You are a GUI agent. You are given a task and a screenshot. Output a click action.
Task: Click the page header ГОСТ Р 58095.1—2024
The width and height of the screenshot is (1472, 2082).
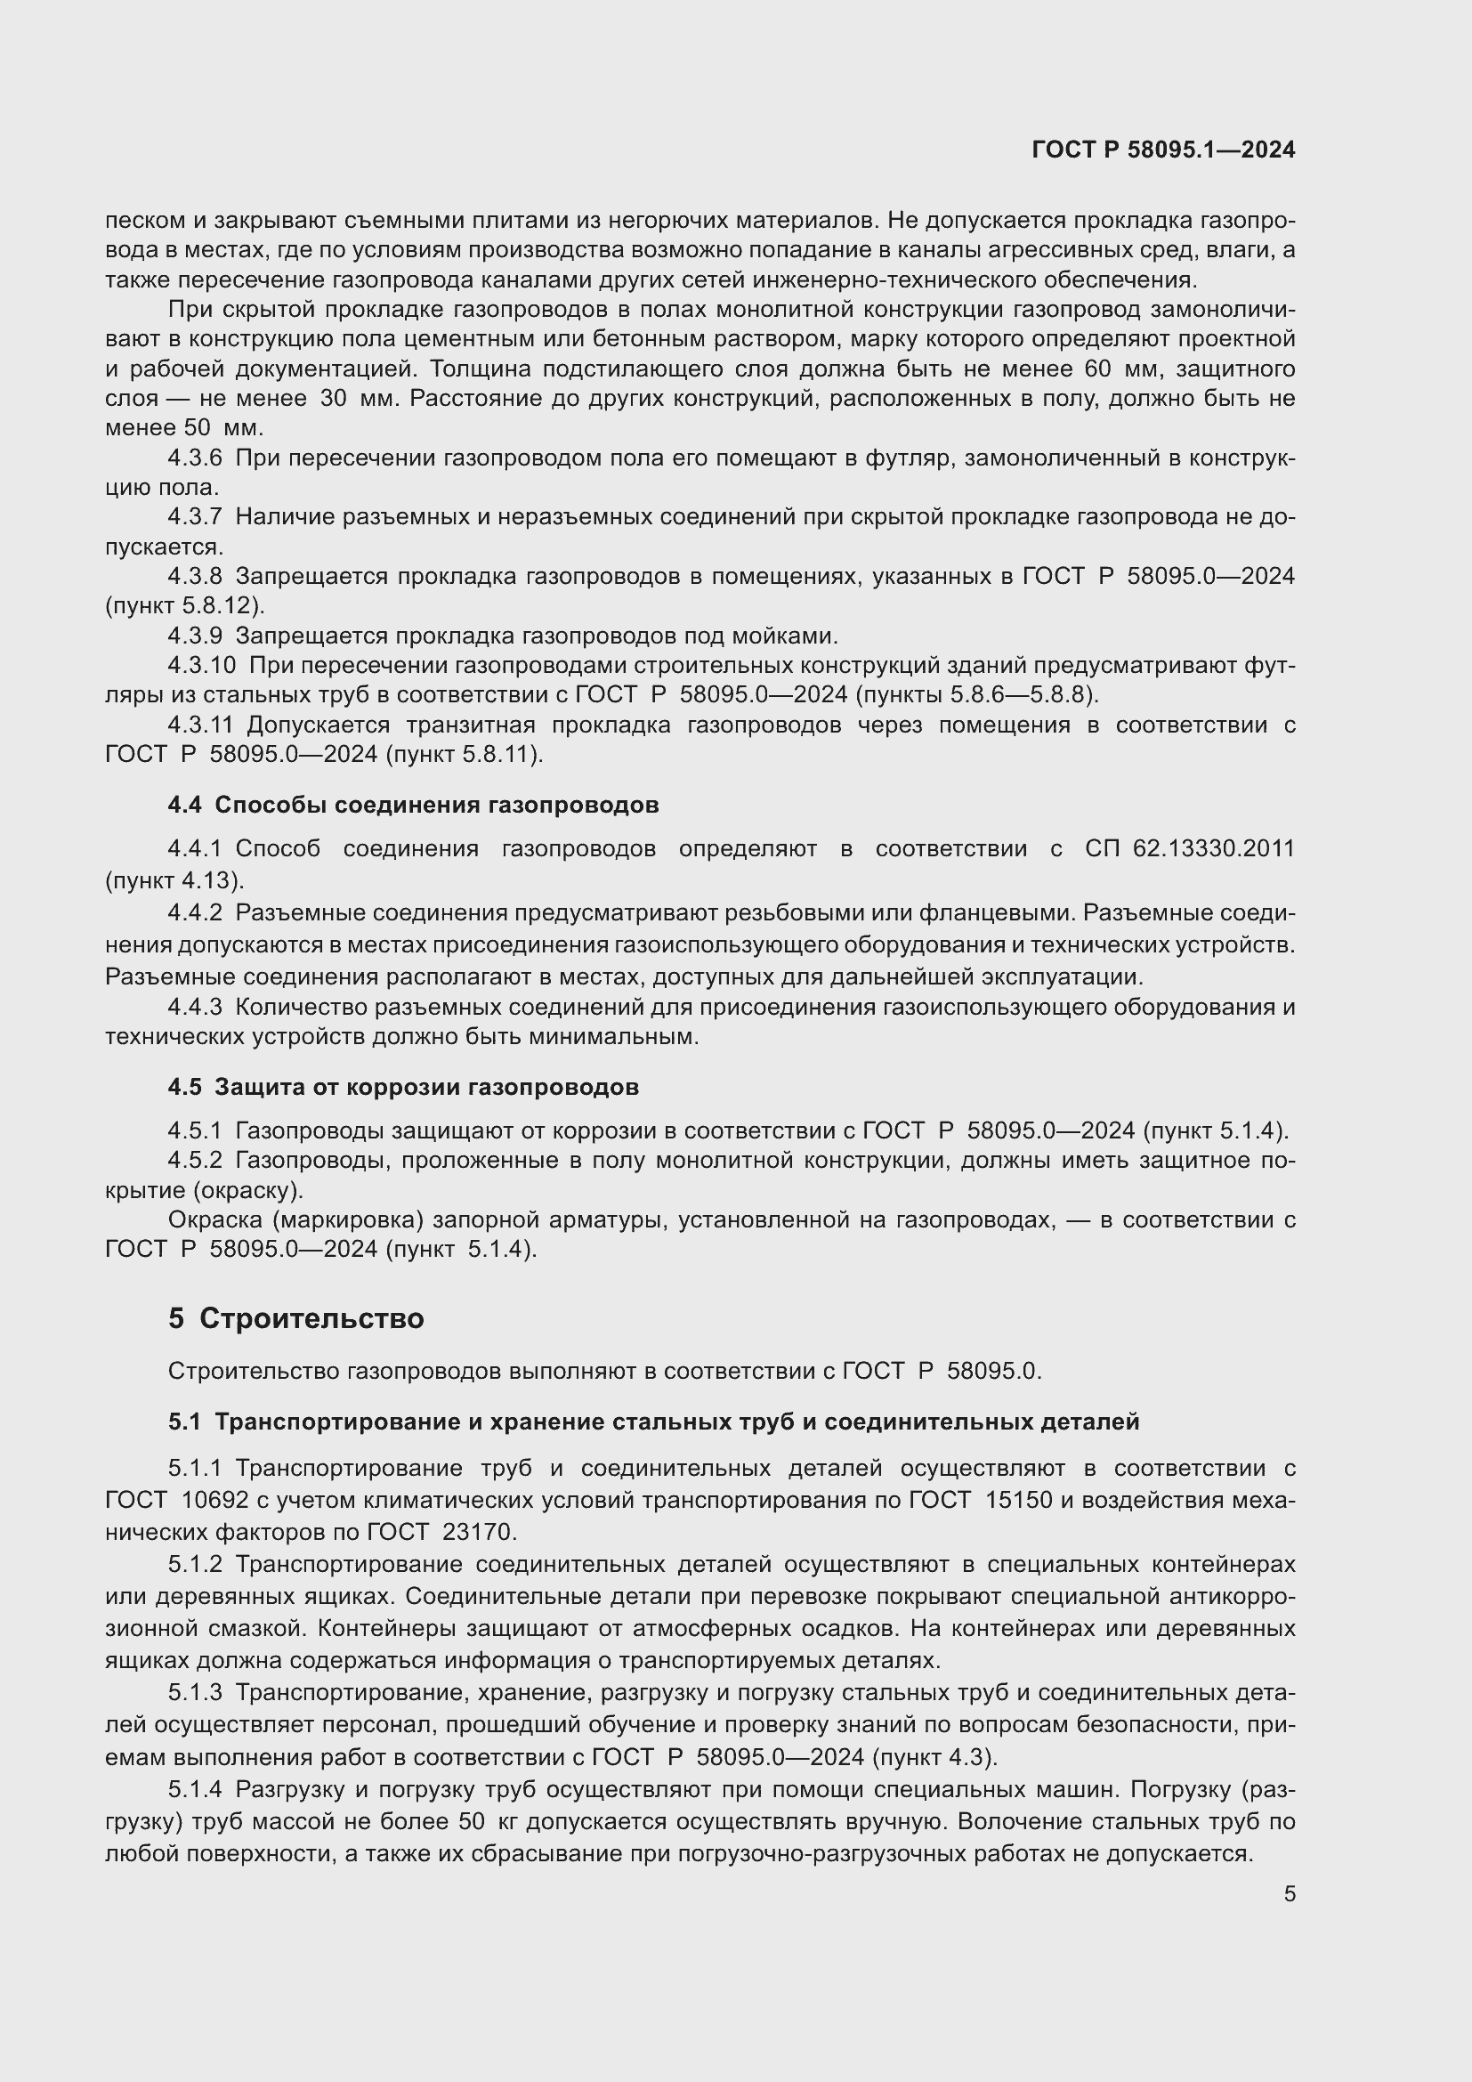pos(1163,150)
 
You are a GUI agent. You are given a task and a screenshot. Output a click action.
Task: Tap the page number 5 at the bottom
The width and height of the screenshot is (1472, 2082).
pos(1289,1894)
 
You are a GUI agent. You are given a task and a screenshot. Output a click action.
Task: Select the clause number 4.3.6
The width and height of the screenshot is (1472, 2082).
pos(195,458)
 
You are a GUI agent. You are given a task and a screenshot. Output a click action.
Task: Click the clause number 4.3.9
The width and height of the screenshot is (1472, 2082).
pos(195,636)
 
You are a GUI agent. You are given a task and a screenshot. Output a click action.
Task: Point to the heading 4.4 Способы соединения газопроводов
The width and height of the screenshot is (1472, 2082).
pos(413,806)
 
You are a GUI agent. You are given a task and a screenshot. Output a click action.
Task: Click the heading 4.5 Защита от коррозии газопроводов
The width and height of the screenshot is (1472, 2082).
pos(403,1087)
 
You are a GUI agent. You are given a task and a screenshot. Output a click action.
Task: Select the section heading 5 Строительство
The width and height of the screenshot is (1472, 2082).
pos(295,1318)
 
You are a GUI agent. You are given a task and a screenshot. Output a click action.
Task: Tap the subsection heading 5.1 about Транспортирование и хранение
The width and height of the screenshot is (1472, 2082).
pos(653,1422)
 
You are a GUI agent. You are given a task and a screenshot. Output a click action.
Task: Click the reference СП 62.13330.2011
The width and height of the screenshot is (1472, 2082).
pos(1189,850)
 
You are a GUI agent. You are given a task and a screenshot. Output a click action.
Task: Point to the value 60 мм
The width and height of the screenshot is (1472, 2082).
pos(1096,369)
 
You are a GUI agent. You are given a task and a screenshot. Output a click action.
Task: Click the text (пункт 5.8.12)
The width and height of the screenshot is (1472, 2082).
pos(185,606)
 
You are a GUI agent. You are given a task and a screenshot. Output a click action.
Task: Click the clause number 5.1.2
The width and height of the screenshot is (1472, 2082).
pos(195,1565)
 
